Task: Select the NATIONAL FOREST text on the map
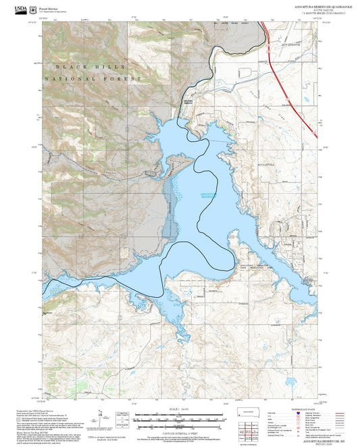click(93, 79)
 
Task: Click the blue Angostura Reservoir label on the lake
click(210, 196)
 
